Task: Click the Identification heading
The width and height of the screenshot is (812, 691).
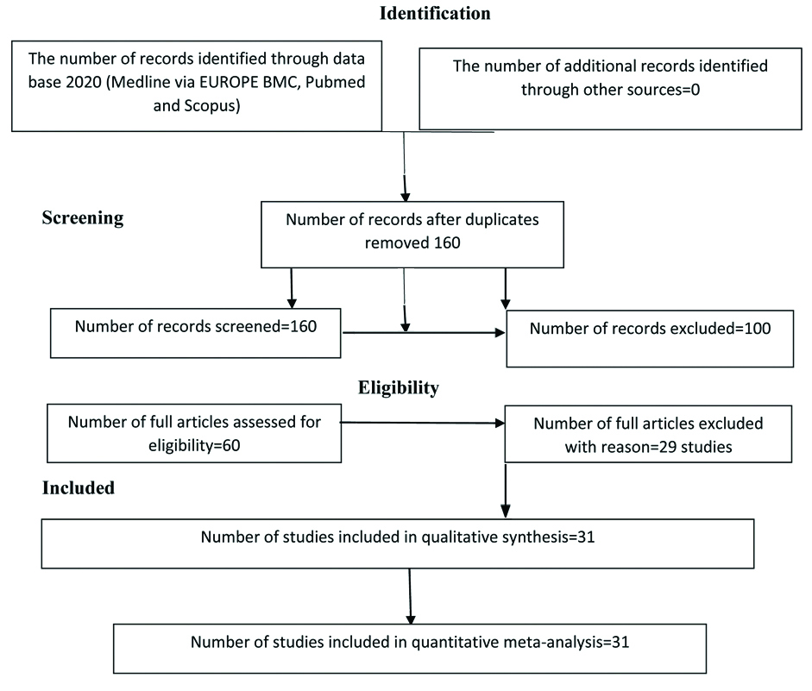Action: (x=433, y=14)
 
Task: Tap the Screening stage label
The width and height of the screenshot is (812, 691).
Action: (x=83, y=217)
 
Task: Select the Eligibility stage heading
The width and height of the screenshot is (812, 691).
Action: (x=399, y=388)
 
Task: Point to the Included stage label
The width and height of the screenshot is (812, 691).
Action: (x=79, y=488)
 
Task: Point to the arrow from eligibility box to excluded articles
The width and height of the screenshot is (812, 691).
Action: (x=423, y=424)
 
